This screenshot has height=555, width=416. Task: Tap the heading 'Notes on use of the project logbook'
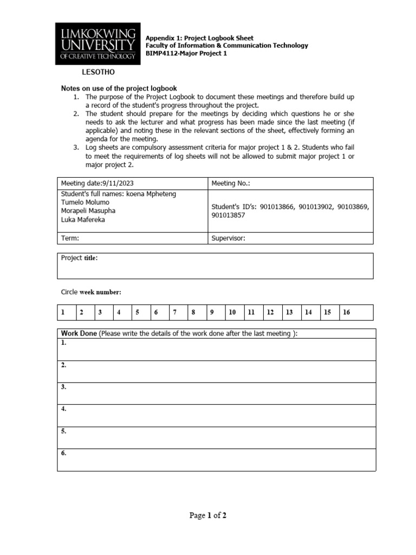click(x=119, y=88)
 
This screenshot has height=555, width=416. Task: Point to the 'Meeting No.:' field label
click(x=231, y=183)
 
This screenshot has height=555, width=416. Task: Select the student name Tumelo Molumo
click(x=85, y=202)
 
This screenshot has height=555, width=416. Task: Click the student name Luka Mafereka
click(x=83, y=220)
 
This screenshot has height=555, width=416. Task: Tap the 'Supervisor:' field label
click(x=229, y=238)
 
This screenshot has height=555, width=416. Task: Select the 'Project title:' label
click(x=80, y=258)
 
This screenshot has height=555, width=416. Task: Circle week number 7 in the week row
click(x=175, y=312)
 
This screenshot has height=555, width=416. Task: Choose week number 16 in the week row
click(x=347, y=312)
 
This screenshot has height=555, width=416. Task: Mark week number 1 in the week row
click(x=63, y=312)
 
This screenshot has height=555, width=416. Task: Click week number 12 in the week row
click(x=270, y=312)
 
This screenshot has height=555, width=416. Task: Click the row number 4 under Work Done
click(x=64, y=409)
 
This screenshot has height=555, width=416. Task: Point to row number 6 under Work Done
click(x=64, y=453)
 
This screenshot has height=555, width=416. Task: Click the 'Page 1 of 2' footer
click(x=207, y=515)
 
